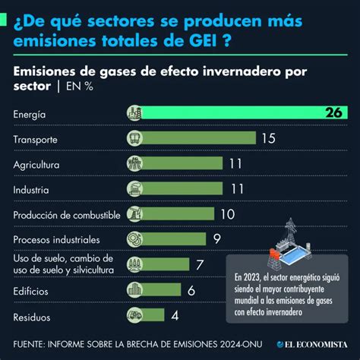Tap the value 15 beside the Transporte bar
click(x=268, y=139)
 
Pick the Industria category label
click(x=31, y=189)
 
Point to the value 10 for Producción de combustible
click(x=227, y=214)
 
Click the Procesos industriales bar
click(x=171, y=239)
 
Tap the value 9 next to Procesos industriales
click(x=216, y=239)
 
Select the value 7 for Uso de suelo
click(x=199, y=264)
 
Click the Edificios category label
click(x=30, y=290)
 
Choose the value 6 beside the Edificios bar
click(x=191, y=290)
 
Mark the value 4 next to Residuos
click(x=174, y=314)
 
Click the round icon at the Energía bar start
click(x=134, y=114)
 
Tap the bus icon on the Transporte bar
click(x=134, y=139)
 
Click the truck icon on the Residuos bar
click(x=134, y=314)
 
